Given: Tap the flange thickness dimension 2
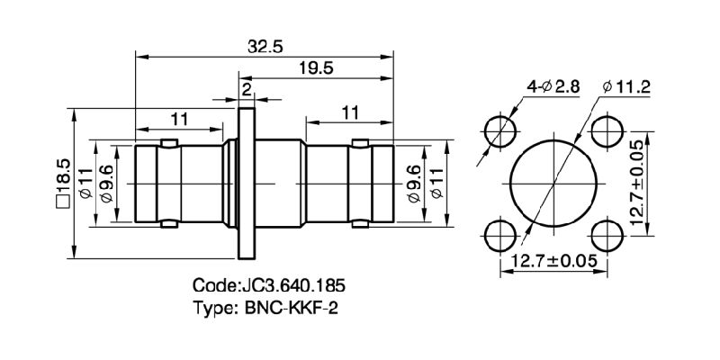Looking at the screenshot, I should [247, 88].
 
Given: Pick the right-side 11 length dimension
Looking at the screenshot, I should [350, 112].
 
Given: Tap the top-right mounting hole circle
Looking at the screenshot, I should [604, 131].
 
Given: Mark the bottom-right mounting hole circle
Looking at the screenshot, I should [604, 236].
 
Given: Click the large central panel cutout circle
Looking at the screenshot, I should [551, 184].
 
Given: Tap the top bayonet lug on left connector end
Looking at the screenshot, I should [167, 143].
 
